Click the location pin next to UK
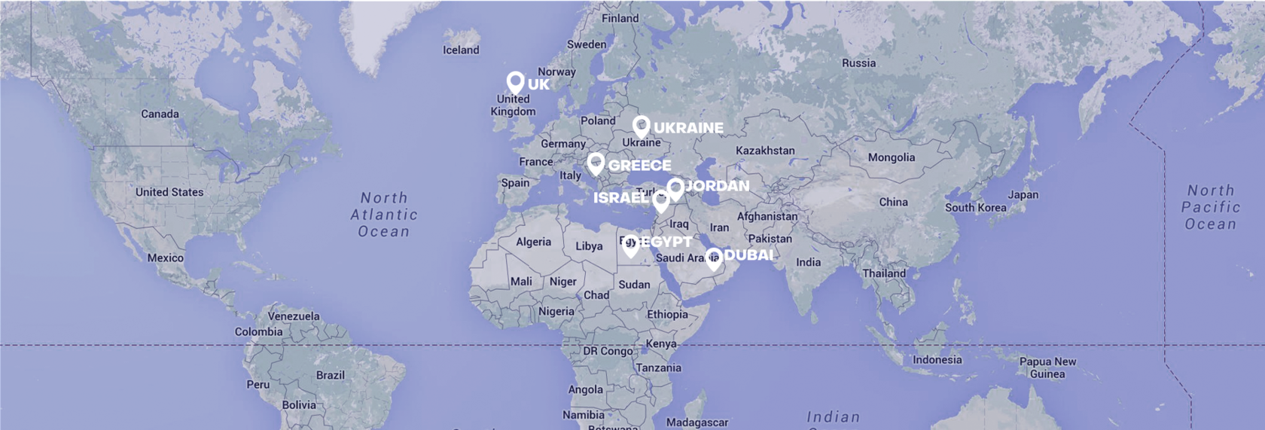point(515,82)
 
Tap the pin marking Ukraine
point(641,126)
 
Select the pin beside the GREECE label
point(596,163)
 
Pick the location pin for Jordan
point(675,188)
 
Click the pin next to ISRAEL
point(660,201)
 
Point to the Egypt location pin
point(631,244)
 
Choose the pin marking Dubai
point(713,258)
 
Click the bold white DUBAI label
point(748,255)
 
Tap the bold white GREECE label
point(639,165)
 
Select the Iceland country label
point(461,50)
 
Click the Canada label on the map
point(160,114)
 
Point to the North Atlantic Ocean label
point(384,215)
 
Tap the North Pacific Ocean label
point(1210,207)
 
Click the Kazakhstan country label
point(765,151)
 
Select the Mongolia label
point(892,157)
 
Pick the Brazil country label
point(331,375)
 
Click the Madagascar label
point(697,422)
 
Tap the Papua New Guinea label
point(1047,367)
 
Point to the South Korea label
point(976,208)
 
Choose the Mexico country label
point(166,258)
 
